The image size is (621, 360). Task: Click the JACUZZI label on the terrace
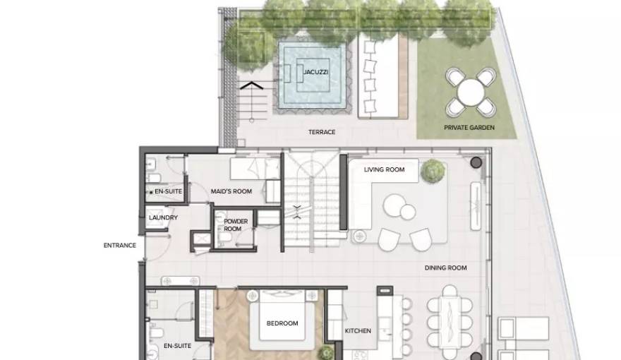(x=315, y=72)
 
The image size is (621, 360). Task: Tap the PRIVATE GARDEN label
(x=469, y=128)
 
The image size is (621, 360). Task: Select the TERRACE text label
(x=322, y=132)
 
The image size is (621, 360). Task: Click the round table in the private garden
(x=471, y=92)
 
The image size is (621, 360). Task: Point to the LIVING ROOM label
(x=384, y=169)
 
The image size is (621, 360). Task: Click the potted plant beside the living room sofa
(x=433, y=171)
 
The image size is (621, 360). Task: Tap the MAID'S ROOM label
(x=231, y=191)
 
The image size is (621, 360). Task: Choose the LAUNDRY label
(x=163, y=217)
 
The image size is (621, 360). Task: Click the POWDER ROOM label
(x=236, y=225)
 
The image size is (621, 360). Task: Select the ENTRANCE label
(x=119, y=246)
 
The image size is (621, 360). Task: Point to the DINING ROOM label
(x=445, y=268)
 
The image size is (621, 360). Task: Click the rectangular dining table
(x=450, y=323)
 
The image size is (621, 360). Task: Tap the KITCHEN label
(x=358, y=330)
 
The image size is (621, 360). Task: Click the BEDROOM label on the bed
(x=282, y=323)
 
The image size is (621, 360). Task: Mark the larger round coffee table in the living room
(x=394, y=205)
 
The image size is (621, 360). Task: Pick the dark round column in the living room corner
(x=476, y=162)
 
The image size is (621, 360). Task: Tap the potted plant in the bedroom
(x=326, y=353)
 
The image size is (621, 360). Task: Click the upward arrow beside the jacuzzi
(x=251, y=85)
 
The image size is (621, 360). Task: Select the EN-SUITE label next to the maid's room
(x=169, y=191)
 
